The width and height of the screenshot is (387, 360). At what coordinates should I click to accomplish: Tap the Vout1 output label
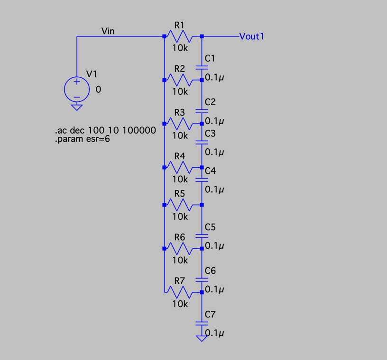251,36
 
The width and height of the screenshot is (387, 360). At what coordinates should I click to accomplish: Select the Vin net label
108,31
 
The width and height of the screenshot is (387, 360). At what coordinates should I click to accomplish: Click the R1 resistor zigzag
180,36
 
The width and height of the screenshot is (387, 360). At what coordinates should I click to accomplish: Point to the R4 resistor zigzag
180,167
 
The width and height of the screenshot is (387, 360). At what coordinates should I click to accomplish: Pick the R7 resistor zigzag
180,292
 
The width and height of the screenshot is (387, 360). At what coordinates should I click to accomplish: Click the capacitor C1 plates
202,68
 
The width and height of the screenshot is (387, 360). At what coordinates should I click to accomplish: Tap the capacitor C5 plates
202,236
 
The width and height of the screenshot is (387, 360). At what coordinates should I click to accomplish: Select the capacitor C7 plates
202,324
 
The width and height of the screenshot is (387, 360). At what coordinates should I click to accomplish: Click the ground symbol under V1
77,108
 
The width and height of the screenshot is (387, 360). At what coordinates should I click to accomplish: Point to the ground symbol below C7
202,339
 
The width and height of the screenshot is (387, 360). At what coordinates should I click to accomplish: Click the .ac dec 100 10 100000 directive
106,130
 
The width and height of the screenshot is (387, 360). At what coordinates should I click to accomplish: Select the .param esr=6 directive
83,139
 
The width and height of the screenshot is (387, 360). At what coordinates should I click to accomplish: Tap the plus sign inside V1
77,81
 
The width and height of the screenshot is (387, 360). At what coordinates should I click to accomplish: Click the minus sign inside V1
77,97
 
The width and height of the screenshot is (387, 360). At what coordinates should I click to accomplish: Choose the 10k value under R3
180,135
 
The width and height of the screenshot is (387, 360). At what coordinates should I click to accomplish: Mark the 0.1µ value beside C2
214,121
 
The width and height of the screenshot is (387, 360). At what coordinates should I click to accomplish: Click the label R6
180,237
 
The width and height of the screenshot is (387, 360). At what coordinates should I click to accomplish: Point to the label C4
210,171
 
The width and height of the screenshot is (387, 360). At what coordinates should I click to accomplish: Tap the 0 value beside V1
98,89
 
